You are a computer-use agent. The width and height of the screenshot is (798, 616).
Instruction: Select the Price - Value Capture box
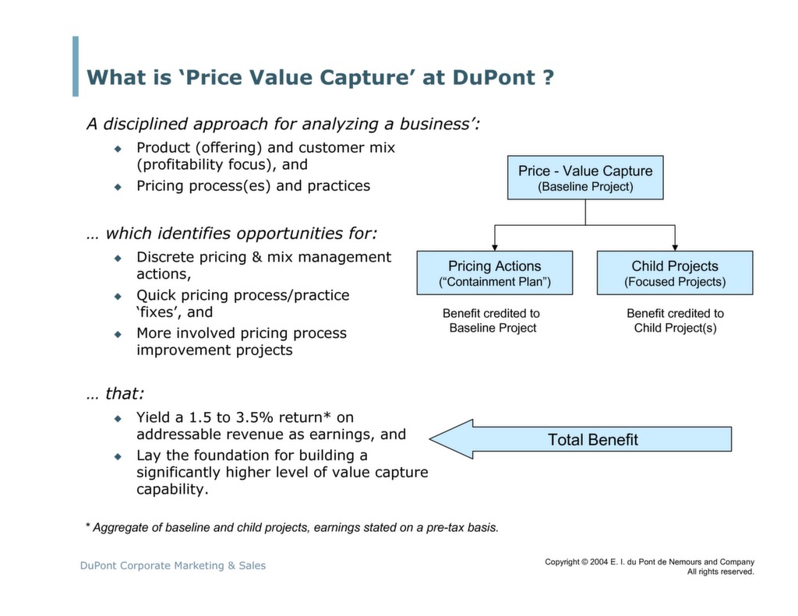(x=585, y=178)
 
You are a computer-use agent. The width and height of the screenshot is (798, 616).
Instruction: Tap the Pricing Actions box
(x=494, y=273)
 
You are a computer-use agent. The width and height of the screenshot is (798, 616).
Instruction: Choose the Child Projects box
(x=675, y=273)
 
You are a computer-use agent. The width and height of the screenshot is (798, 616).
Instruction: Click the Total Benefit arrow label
(x=592, y=440)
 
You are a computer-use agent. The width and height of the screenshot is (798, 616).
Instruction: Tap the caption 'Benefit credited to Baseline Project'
(x=492, y=320)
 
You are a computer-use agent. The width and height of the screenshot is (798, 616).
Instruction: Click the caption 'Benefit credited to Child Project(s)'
(x=675, y=320)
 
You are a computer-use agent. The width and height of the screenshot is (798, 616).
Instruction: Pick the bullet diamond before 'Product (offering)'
(x=118, y=148)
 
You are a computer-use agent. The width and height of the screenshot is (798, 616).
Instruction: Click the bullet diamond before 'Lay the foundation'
(x=118, y=456)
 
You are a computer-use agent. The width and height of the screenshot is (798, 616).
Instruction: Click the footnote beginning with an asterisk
(x=291, y=527)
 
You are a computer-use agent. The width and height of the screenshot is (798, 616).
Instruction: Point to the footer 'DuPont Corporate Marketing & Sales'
(x=173, y=565)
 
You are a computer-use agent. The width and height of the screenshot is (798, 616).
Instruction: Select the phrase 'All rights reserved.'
(x=720, y=572)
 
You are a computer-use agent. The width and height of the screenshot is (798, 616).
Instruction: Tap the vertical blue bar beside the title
(x=76, y=66)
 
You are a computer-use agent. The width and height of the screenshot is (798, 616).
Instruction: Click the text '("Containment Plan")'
(x=494, y=282)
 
